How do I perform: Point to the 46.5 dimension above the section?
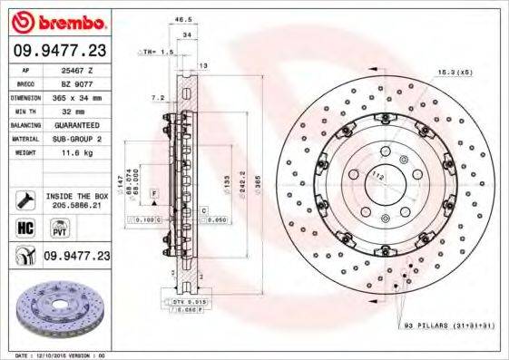coord(182,18)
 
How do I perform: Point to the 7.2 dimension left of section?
coord(156,97)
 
